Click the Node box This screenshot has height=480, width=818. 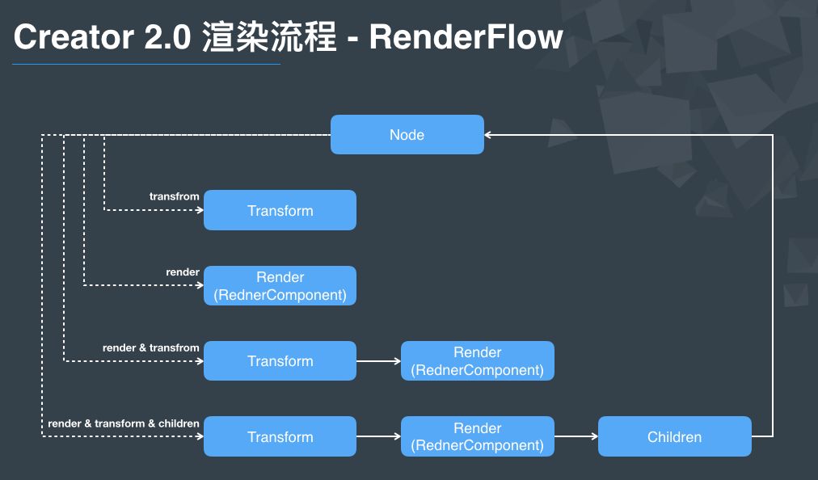tap(407, 134)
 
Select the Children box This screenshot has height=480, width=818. tap(674, 436)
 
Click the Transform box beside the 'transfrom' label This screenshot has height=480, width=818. tap(280, 210)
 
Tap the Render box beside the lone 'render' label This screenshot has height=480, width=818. tap(280, 286)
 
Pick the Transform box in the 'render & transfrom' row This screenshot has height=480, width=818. tap(280, 361)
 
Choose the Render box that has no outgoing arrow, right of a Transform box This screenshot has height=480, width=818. tap(477, 361)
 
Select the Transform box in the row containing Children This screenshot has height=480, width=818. tap(280, 436)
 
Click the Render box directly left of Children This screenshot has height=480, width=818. tap(477, 436)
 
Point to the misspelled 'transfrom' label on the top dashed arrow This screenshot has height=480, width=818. tap(174, 196)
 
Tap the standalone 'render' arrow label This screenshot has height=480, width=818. tap(183, 272)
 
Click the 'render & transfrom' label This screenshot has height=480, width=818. tap(150, 347)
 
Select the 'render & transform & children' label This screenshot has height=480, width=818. tap(124, 423)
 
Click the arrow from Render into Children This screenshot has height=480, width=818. tap(576, 436)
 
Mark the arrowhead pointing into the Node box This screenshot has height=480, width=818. tap(490, 135)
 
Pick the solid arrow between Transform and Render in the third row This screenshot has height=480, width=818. tap(378, 361)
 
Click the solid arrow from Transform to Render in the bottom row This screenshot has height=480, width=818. tap(378, 436)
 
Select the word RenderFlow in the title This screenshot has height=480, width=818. tap(466, 37)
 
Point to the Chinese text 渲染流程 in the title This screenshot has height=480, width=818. tap(269, 37)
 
